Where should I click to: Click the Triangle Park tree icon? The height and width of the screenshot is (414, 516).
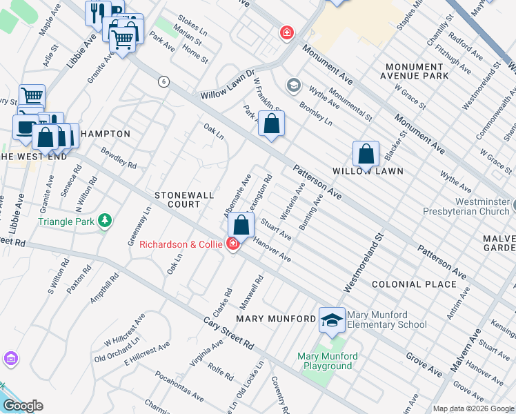pos(104,221)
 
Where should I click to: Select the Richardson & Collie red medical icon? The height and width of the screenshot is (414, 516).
pos(233,244)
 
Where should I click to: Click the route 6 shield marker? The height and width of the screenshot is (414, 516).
pos(163,81)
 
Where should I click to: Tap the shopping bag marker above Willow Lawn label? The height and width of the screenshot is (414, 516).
pos(366,154)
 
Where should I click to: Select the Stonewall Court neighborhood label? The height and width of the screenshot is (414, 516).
pos(183,200)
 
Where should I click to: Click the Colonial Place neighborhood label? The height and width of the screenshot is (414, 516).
pos(414,284)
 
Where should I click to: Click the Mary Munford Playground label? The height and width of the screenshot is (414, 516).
pos(327,361)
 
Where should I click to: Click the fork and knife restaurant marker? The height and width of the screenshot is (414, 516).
pos(97,12)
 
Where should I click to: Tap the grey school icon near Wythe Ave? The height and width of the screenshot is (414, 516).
pos(294,86)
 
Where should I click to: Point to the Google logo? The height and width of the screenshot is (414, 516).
pos(23,406)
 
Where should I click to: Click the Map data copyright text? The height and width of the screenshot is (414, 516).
pos(473,408)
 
